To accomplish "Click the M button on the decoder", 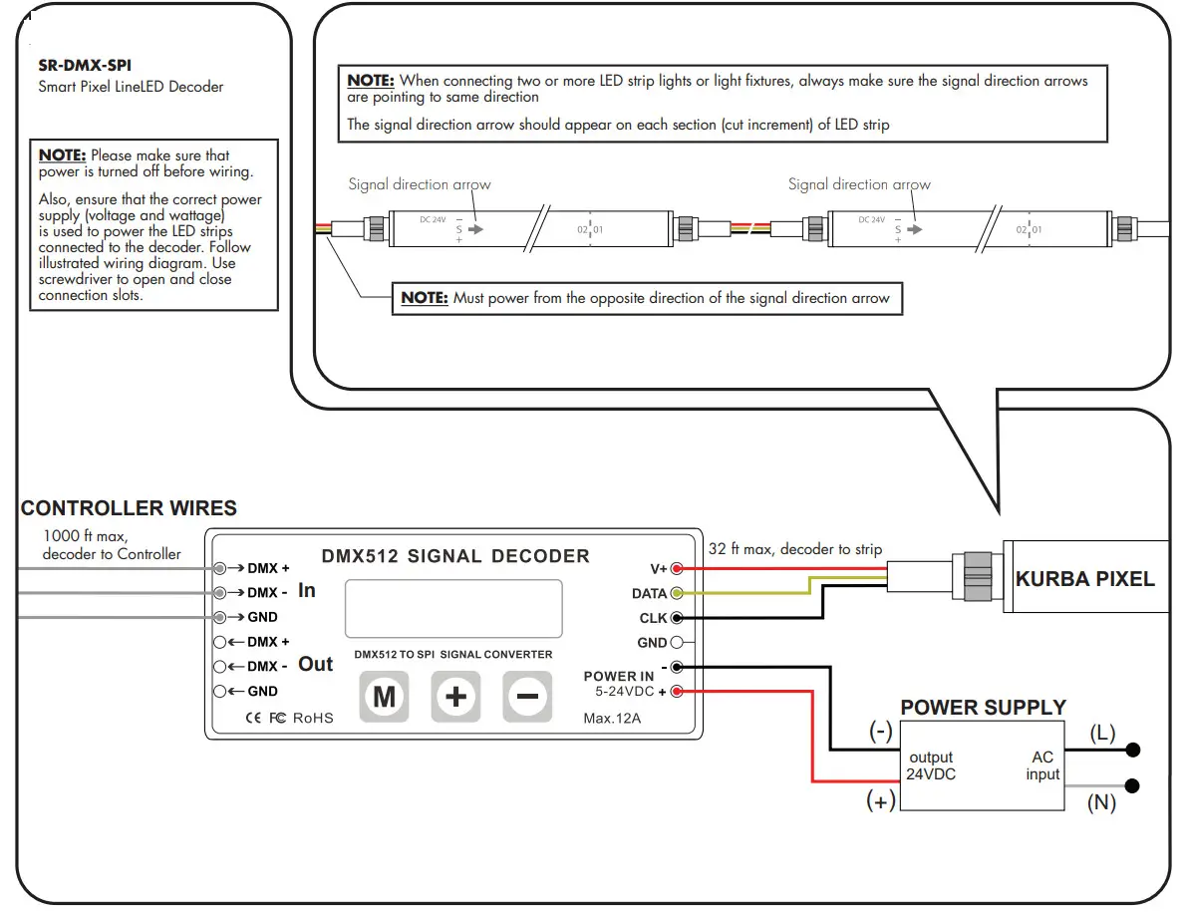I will [384, 696].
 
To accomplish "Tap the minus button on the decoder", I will [527, 696].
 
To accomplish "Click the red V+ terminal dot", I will [678, 569].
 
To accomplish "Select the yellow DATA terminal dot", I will [678, 594].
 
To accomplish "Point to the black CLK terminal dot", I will [678, 618].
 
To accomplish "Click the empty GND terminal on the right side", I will [678, 643].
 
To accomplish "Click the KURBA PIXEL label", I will [1084, 579].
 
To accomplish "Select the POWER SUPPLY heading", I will [983, 708].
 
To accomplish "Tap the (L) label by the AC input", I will [1101, 734].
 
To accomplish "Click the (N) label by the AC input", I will [1100, 802].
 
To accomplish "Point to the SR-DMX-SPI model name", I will [84, 67].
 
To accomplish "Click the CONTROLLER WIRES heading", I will [129, 508].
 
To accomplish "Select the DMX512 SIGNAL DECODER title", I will [455, 556].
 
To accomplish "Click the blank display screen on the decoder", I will [453, 609].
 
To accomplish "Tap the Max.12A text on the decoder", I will [613, 718].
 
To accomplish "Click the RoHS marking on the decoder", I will [313, 718].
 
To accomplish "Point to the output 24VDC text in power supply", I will [931, 765].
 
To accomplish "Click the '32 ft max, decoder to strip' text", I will [794, 549].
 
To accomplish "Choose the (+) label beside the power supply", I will [880, 801].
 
